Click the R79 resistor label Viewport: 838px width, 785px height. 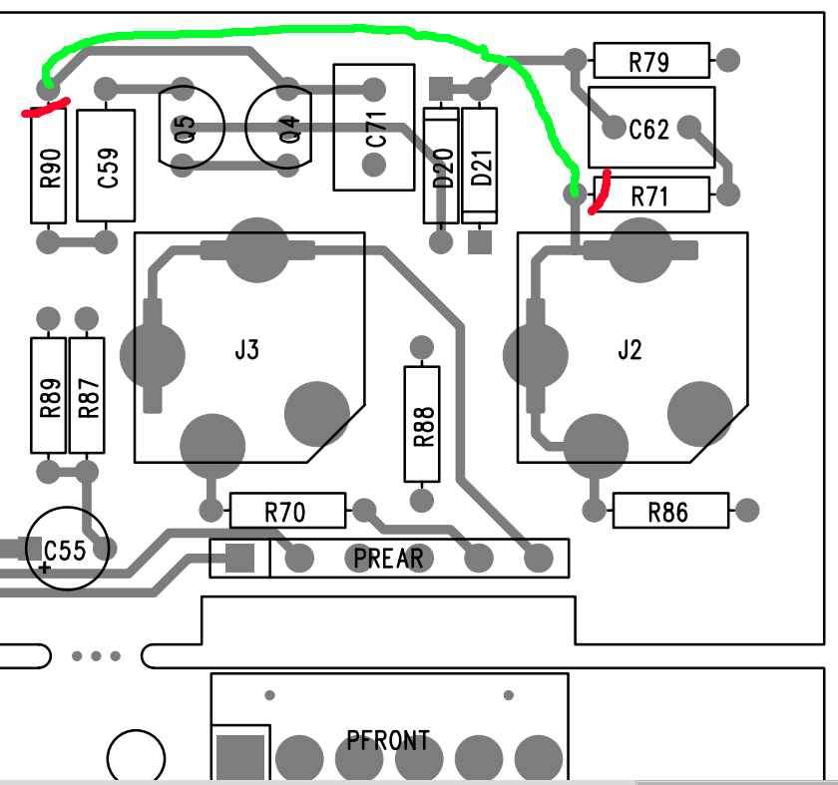(649, 62)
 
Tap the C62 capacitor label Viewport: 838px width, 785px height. (648, 129)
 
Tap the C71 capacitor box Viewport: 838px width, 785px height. (373, 127)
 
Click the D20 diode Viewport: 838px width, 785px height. (441, 165)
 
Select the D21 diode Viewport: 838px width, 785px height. (480, 165)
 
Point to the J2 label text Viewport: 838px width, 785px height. (629, 350)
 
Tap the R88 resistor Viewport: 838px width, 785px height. (421, 423)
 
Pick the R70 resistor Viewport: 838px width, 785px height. (287, 512)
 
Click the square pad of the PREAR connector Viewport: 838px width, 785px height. (240, 559)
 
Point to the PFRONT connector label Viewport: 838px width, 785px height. (388, 740)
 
